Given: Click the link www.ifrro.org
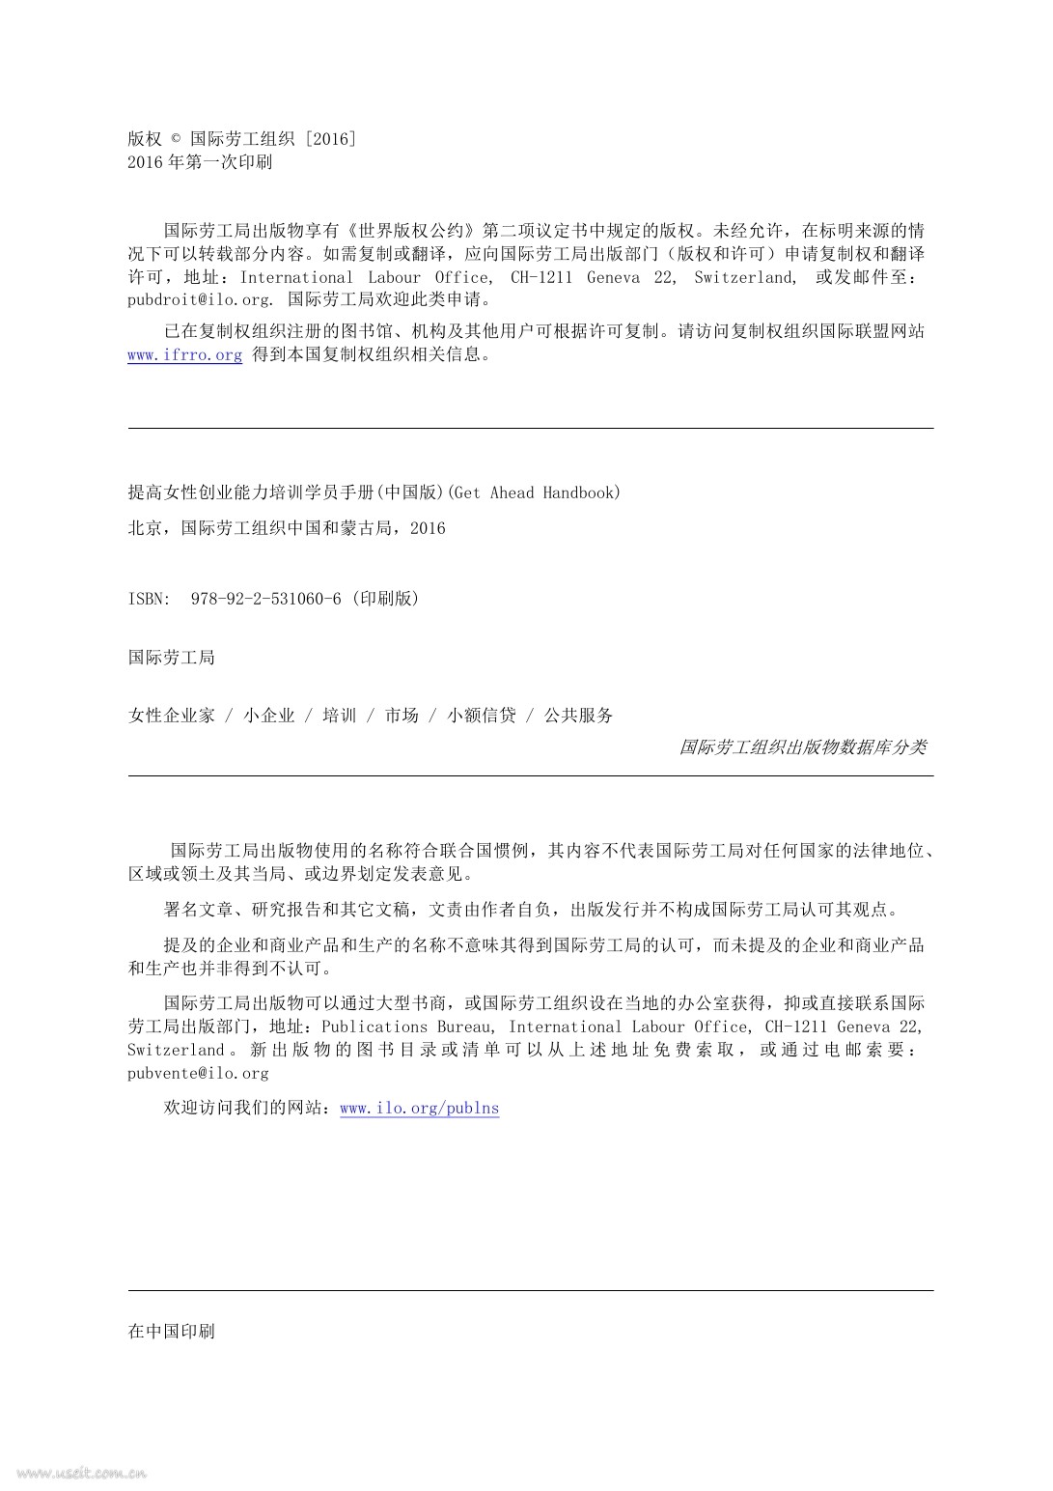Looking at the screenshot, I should tap(184, 354).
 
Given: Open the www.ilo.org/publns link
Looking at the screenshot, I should tap(420, 1108).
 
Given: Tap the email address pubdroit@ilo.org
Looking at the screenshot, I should tap(199, 299).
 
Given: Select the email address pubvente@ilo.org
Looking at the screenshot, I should tap(198, 1073).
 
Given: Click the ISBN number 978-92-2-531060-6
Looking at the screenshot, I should tap(266, 599).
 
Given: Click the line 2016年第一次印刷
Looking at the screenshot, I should tap(200, 162).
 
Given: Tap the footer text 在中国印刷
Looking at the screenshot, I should tap(172, 1331).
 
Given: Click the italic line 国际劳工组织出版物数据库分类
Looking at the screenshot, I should tap(802, 746).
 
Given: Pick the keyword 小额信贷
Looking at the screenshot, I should tap(481, 716).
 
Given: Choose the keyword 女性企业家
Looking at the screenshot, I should tap(171, 716).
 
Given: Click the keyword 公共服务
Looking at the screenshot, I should tap(578, 716).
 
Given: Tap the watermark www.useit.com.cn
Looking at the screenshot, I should tap(82, 1473).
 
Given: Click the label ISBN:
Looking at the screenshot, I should tap(149, 599).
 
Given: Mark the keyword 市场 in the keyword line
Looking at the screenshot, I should tap(402, 716).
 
